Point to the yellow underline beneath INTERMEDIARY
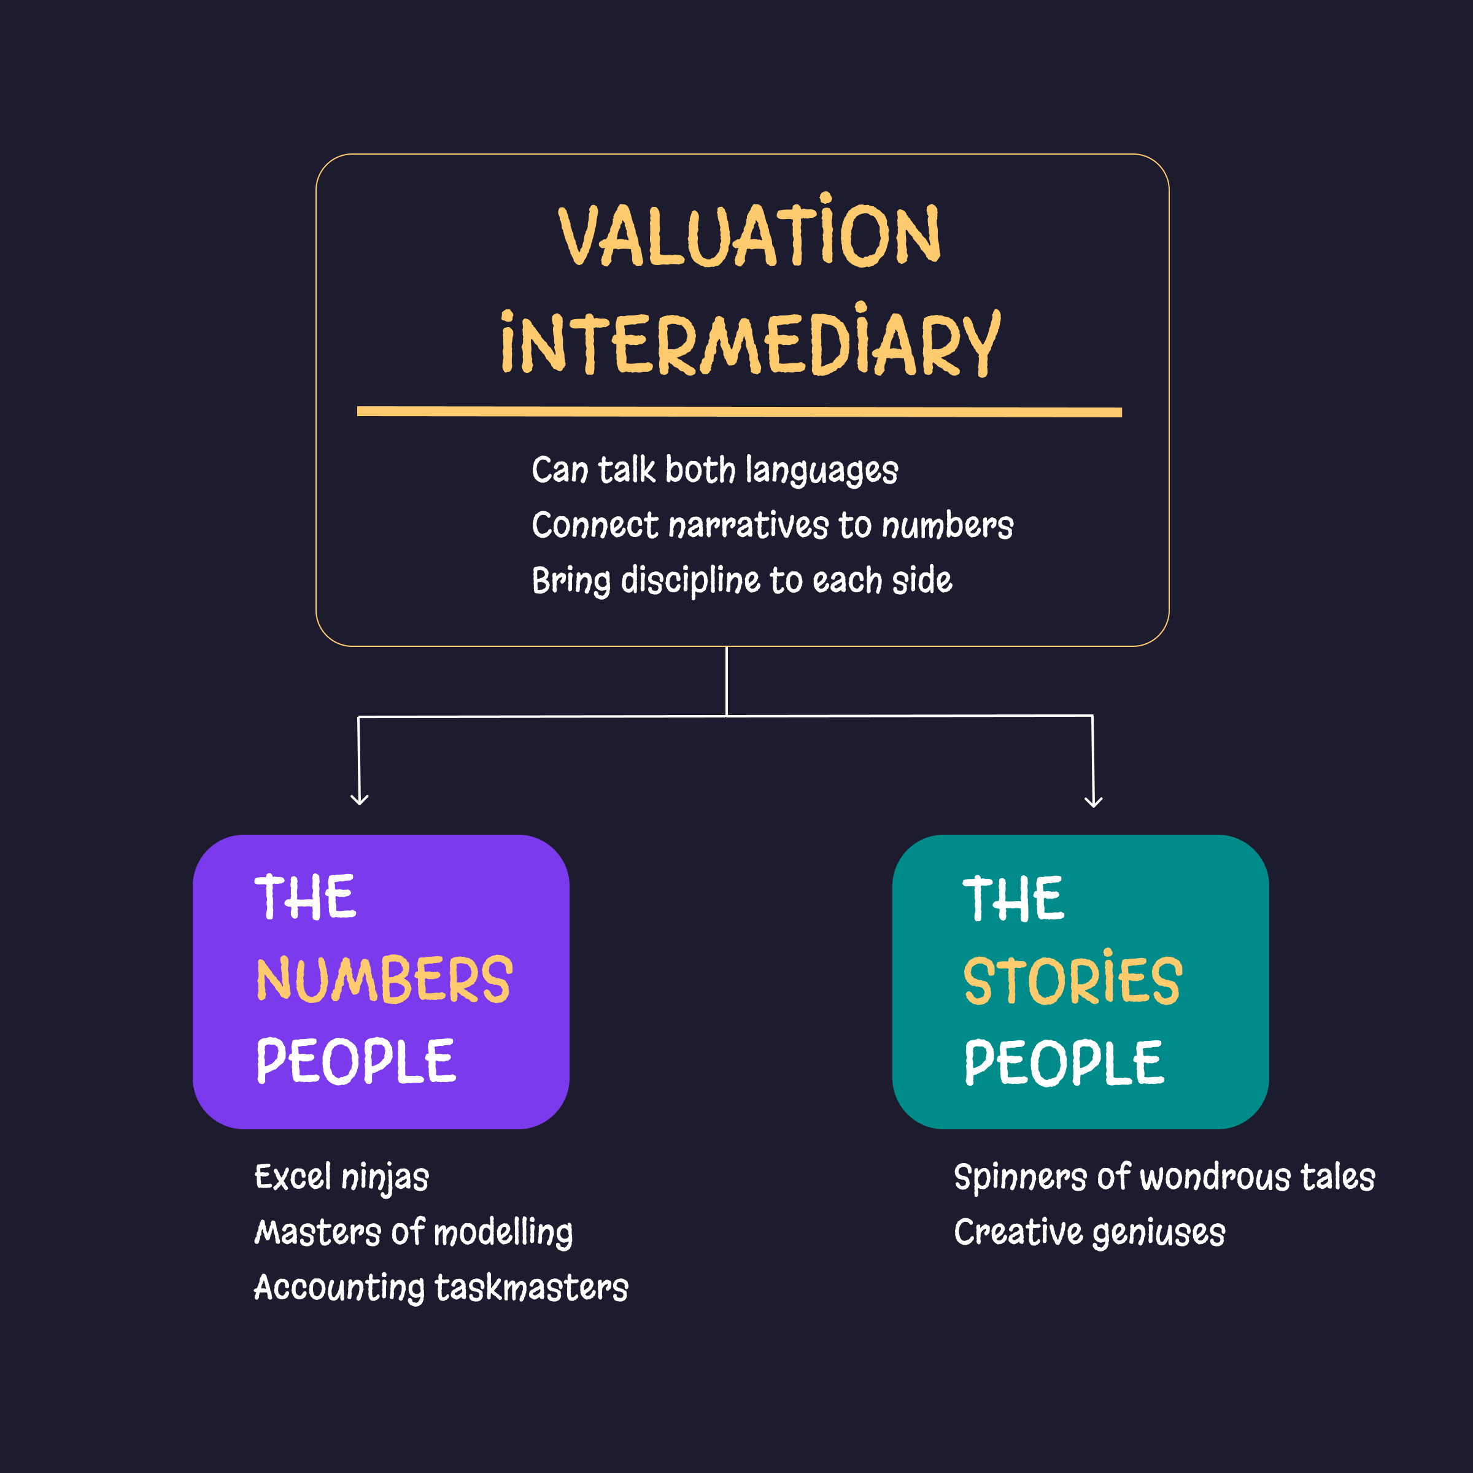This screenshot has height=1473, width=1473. [x=739, y=412]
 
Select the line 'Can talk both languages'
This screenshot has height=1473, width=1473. [x=714, y=470]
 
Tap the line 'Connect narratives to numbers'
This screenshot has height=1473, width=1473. [x=772, y=525]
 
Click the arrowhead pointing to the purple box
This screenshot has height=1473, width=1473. [x=359, y=799]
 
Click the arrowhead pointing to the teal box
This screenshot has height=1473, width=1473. [x=1093, y=800]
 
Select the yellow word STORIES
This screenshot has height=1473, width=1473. [x=1073, y=981]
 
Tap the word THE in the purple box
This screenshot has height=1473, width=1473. [x=305, y=897]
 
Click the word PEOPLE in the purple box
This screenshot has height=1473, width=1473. [x=356, y=1061]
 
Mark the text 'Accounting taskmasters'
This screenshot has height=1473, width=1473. [x=441, y=1288]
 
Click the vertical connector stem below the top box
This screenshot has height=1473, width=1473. [x=727, y=681]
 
